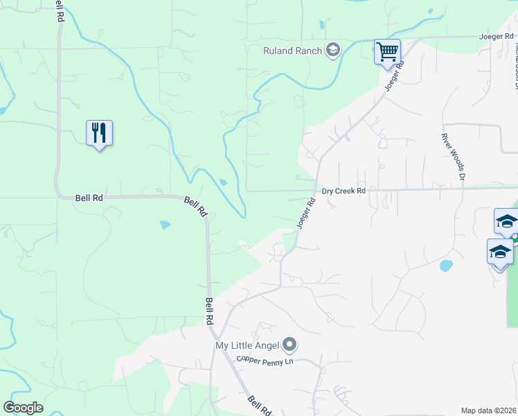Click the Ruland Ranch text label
coord(292,50)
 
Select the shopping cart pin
coord(387,51)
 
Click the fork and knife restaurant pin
coord(99,132)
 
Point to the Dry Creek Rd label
coord(343,191)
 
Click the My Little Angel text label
coord(247,345)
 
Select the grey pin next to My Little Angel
coord(290,345)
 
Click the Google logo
coord(23,408)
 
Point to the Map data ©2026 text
coord(488,410)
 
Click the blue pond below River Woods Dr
coord(446,266)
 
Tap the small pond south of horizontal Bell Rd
coord(166,225)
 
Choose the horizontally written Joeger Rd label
coord(497,36)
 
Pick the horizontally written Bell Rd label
coord(89,198)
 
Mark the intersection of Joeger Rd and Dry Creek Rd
coord(317,189)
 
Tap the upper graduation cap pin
coord(506,221)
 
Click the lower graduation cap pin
coord(499,252)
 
